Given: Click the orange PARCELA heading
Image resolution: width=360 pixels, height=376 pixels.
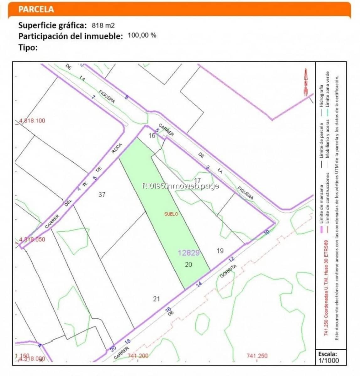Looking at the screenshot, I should click(36, 9).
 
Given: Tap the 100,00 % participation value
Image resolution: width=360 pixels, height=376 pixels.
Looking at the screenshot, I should click(142, 35).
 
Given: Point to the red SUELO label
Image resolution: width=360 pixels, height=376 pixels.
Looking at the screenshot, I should click(171, 214).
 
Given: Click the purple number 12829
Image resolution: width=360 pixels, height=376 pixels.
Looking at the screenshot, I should click(189, 253).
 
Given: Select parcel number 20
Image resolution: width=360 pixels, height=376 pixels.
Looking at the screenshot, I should click(188, 265).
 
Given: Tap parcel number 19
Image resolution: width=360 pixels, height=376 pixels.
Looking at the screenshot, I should click(220, 251).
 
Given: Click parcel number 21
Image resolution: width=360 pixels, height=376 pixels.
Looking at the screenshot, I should click(156, 299).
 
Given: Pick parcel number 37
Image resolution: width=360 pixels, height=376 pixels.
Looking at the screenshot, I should click(102, 195).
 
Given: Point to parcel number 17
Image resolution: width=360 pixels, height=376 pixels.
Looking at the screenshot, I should click(197, 180).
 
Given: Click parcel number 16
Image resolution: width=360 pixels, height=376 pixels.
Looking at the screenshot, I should click(152, 136).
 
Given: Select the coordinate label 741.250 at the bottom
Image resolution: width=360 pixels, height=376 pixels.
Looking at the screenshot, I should click(257, 356).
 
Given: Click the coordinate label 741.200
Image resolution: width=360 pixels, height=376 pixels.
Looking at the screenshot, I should click(138, 356).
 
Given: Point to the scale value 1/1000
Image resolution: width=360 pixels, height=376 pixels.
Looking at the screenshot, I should click(329, 360).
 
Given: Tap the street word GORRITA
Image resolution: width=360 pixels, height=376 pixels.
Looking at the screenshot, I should click(228, 271).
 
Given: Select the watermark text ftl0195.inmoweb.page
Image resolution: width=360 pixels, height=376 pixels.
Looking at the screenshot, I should click(180, 186).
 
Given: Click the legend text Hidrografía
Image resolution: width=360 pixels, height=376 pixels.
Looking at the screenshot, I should click(321, 96).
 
